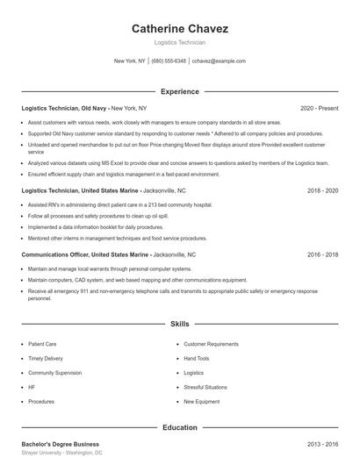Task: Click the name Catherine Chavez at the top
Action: click(x=180, y=29)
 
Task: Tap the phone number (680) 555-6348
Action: click(x=169, y=61)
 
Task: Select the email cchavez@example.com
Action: click(x=219, y=61)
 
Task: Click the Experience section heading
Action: click(x=180, y=91)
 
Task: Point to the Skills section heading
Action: click(x=180, y=324)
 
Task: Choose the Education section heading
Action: click(x=180, y=427)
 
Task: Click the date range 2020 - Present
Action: click(x=319, y=109)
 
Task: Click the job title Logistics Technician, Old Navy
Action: click(x=64, y=109)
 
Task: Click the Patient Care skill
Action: click(x=42, y=344)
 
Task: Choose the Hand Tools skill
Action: click(x=197, y=358)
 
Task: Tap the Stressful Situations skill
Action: click(x=205, y=387)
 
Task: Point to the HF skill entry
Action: click(x=32, y=387)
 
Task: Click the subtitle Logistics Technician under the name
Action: click(x=180, y=42)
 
